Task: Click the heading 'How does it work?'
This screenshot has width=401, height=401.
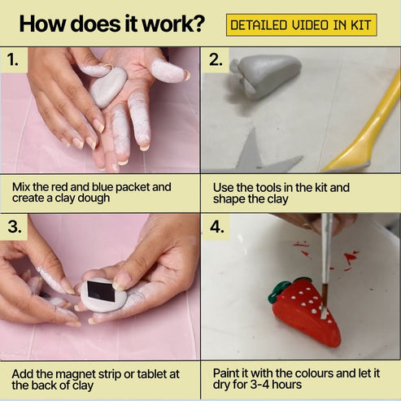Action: [x=111, y=24]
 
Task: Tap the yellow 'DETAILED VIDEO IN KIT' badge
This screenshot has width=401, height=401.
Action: [x=301, y=24]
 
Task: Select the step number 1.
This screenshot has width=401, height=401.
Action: [x=13, y=59]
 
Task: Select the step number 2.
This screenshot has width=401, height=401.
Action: [x=216, y=59]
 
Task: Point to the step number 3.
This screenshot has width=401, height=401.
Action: [x=14, y=226]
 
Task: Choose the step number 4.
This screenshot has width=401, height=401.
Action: [x=216, y=226]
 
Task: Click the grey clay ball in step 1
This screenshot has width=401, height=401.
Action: [x=107, y=86]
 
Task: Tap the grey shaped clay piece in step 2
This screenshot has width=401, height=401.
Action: [x=265, y=76]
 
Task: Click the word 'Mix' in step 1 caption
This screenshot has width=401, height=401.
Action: [x=22, y=187]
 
